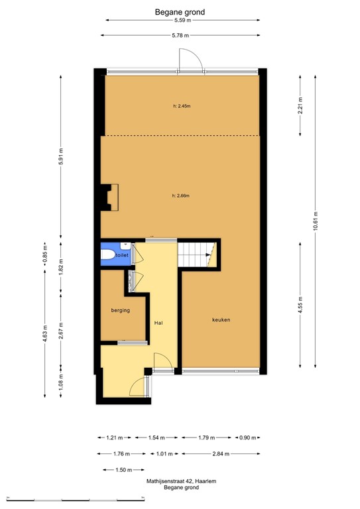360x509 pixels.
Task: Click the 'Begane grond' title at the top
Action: point(180,11)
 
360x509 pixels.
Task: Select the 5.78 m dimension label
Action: point(180,35)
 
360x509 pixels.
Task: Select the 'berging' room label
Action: point(120,310)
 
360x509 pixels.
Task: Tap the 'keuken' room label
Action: point(221,320)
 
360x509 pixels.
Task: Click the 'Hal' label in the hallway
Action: point(158,323)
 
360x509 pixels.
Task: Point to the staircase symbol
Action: point(198,254)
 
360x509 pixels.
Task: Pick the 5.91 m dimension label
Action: point(60,157)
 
